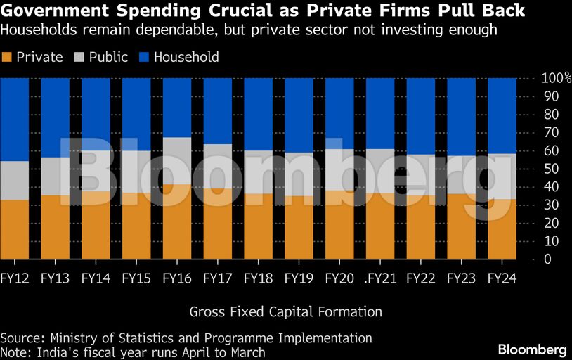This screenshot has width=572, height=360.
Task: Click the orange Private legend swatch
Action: click(7, 57)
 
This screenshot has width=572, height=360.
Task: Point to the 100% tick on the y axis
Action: click(555, 77)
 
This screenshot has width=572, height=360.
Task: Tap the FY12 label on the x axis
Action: click(14, 278)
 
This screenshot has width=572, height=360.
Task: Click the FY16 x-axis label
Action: click(176, 278)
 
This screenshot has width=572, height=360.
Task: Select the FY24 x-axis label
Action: click(502, 278)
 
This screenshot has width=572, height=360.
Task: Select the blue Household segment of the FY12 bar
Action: click(14, 120)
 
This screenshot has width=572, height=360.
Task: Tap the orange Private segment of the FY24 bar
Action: click(502, 229)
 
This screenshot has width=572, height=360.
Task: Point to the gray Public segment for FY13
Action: click(55, 176)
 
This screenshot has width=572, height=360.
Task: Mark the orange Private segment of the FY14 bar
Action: click(96, 225)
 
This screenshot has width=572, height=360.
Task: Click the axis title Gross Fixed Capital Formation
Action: click(285, 311)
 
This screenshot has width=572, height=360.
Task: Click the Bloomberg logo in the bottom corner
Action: click(532, 349)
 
